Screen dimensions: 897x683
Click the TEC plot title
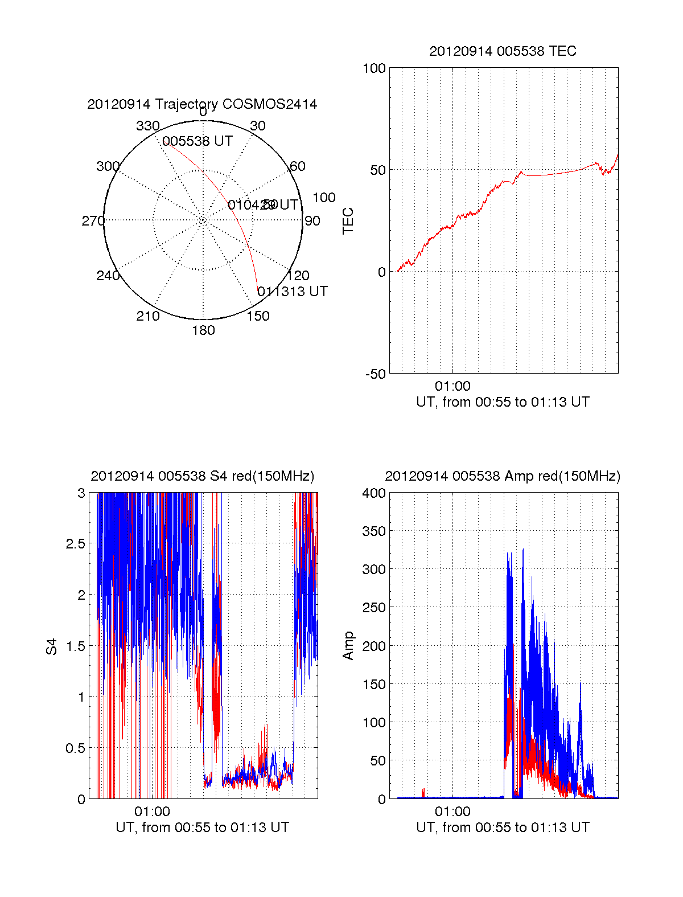[x=503, y=51]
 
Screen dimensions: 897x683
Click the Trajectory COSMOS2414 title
[x=202, y=104]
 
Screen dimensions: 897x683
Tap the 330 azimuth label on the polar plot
[x=147, y=126]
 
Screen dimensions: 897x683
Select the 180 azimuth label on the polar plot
[x=203, y=330]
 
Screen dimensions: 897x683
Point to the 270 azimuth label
[x=93, y=221]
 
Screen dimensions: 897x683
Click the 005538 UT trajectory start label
[x=198, y=141]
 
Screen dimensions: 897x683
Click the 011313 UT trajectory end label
[x=293, y=292]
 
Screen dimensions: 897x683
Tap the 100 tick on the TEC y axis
[x=374, y=68]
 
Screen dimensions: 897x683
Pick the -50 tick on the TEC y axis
[x=375, y=374]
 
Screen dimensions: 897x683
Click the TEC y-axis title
[x=348, y=221]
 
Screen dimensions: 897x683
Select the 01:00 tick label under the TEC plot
[x=452, y=387]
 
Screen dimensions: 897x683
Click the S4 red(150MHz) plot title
[x=202, y=476]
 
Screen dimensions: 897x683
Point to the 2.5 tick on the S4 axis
[x=75, y=544]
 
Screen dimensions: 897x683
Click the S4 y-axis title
[x=52, y=646]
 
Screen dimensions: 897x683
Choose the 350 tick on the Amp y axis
[x=374, y=531]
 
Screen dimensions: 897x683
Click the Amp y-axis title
[x=348, y=646]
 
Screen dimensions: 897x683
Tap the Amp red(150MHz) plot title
[x=503, y=476]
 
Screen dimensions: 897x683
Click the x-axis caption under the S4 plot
[x=202, y=828]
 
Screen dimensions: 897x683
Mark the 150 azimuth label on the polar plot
[x=258, y=316]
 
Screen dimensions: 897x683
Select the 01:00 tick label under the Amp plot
[x=452, y=812]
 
